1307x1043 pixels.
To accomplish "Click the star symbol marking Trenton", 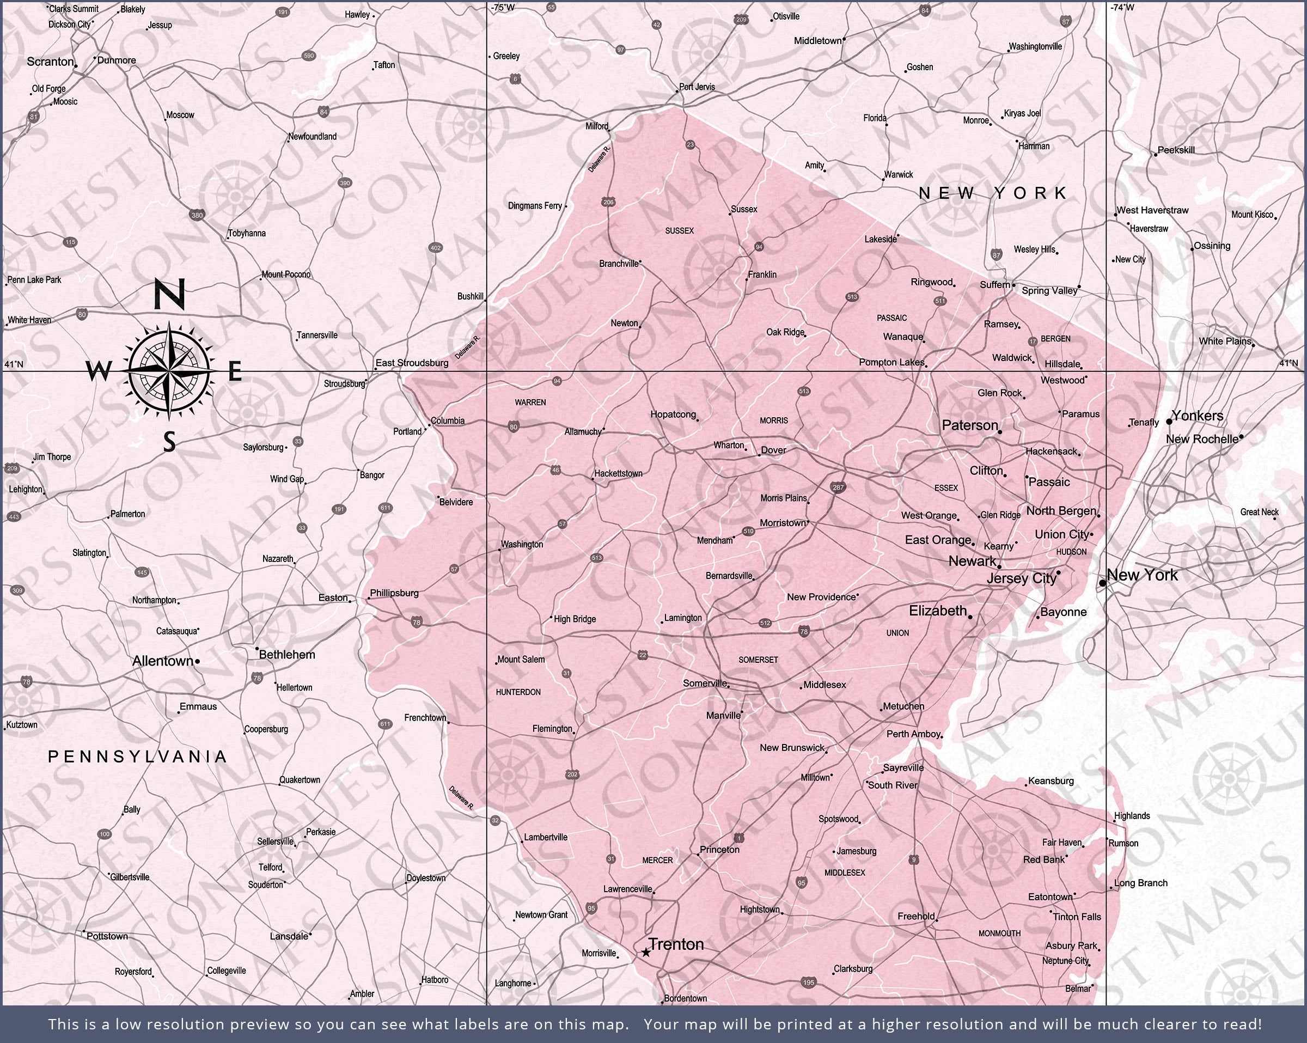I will (x=646, y=953).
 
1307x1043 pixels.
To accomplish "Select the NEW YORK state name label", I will (x=992, y=193).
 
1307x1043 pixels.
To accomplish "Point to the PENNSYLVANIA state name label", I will (x=138, y=756).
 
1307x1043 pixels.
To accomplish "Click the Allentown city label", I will (x=162, y=661).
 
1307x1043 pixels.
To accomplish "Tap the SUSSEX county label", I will (x=679, y=230).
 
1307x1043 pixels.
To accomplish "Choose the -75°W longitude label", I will (x=503, y=7).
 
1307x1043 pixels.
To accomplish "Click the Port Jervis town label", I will (x=697, y=87).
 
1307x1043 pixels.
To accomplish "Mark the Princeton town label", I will (x=719, y=850).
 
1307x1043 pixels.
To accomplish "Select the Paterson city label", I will (x=970, y=425).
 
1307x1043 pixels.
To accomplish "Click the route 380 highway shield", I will (x=197, y=215).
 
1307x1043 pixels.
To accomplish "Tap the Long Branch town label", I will (x=1140, y=883).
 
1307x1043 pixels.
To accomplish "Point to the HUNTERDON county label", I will (x=518, y=692).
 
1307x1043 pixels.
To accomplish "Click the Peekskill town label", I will (x=1176, y=150).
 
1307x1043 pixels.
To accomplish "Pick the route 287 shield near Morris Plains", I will (x=838, y=487).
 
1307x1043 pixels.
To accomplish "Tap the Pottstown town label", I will (x=107, y=936).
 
